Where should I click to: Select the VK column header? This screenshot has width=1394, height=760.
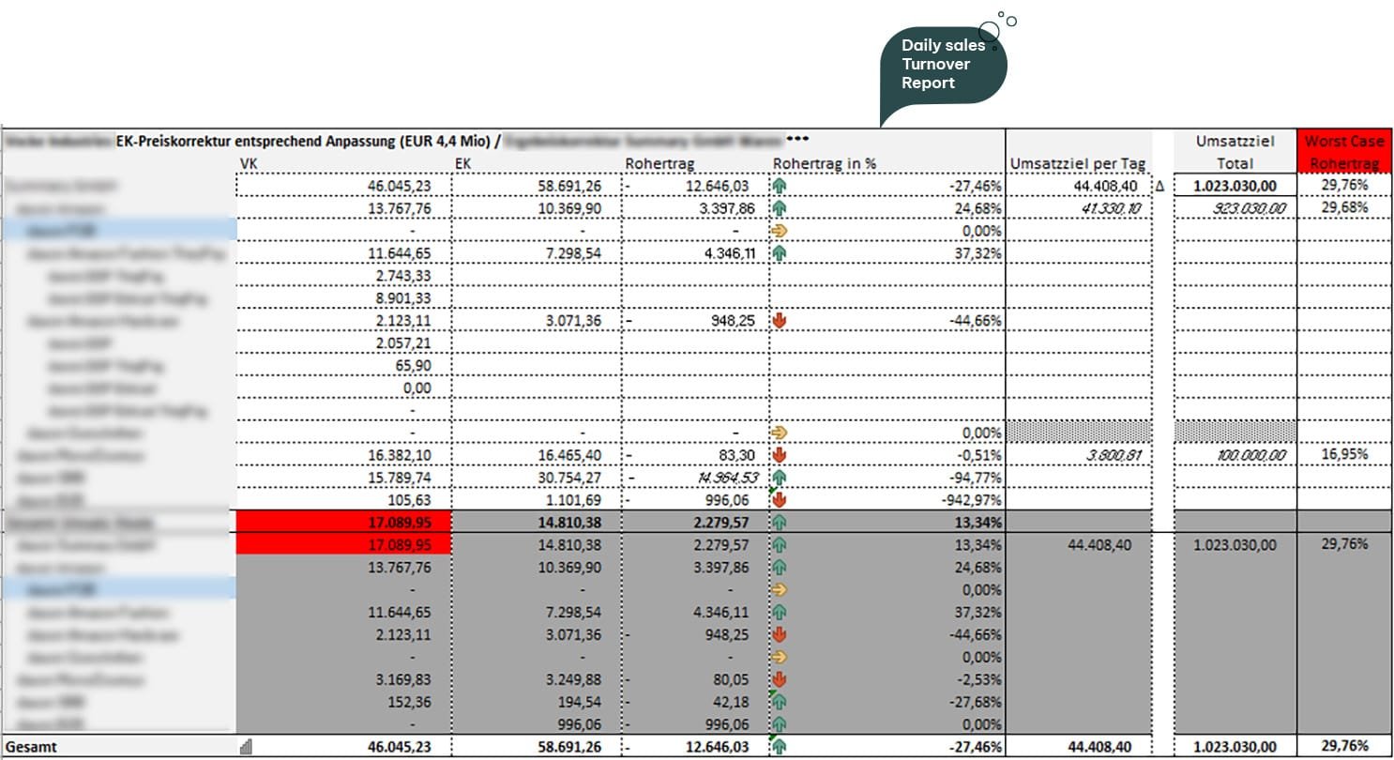(x=250, y=164)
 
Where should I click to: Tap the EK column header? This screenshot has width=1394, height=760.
(x=462, y=164)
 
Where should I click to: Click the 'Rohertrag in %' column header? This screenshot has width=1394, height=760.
(x=824, y=164)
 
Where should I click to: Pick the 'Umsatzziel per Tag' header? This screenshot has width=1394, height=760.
(x=1078, y=164)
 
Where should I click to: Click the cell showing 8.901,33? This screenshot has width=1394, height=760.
(x=408, y=298)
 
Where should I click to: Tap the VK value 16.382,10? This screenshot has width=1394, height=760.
(x=399, y=455)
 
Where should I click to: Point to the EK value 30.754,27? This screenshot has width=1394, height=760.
(x=568, y=478)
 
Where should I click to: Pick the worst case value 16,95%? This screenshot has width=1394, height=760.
(x=1344, y=455)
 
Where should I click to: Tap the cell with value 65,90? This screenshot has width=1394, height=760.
(x=416, y=366)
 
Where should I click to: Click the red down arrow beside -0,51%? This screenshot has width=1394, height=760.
(x=779, y=455)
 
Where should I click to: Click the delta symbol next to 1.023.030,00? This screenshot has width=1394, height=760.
(x=1159, y=186)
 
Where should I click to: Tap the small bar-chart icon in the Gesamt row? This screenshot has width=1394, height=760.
(x=247, y=747)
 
